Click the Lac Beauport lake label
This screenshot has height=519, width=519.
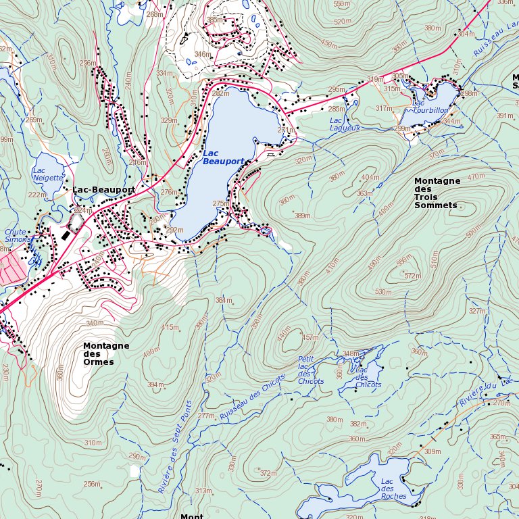pyautogui.click(x=222, y=158)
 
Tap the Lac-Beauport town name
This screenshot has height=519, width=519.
pyautogui.click(x=103, y=190)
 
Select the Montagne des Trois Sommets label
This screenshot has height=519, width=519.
pyautogui.click(x=437, y=193)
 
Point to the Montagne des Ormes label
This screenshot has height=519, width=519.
pyautogui.click(x=106, y=353)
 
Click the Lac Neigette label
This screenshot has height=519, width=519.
pyautogui.click(x=47, y=174)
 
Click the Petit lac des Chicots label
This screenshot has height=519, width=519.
pyautogui.click(x=310, y=370)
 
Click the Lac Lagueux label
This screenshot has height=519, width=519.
pyautogui.click(x=344, y=124)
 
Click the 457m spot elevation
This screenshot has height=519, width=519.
pyautogui.click(x=310, y=337)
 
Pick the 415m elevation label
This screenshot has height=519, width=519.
pyautogui.click(x=170, y=327)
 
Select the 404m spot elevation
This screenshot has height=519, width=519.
pyautogui.click(x=370, y=177)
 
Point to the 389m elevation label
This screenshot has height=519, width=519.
pyautogui.click(x=302, y=216)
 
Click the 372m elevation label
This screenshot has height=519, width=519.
pyautogui.click(x=268, y=473)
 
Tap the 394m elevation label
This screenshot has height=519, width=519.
pyautogui.click(x=156, y=385)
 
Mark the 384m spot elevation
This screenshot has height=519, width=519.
pyautogui.click(x=223, y=300)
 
